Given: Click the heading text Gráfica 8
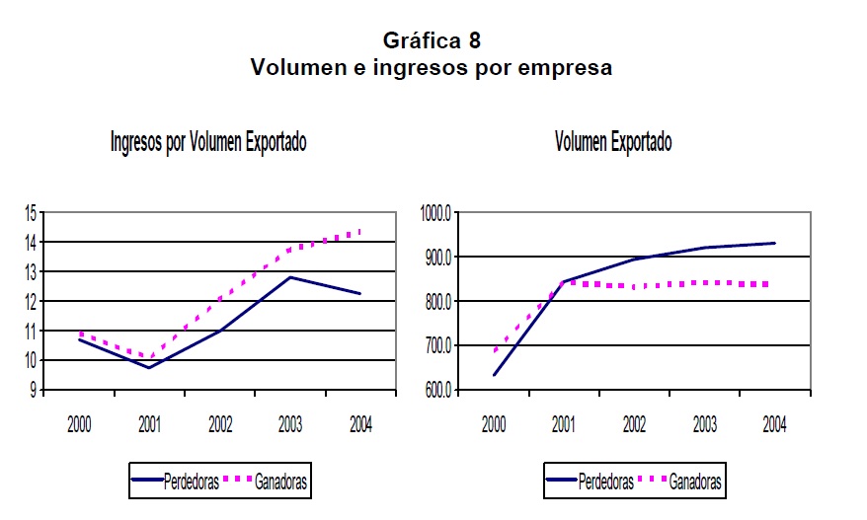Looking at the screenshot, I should click(432, 40).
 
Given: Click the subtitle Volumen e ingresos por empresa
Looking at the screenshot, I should click(432, 68).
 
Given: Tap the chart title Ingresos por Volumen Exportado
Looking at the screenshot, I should click(208, 143).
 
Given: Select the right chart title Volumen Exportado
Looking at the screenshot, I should click(612, 143).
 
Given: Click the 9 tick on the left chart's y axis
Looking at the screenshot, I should click(33, 390).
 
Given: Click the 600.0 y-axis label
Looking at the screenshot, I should click(435, 390).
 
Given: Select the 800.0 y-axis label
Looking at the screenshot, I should click(435, 301).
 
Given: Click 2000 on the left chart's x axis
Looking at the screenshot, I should click(79, 425).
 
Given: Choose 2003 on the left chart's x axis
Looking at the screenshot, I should click(290, 425).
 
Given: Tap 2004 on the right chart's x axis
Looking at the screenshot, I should click(774, 425).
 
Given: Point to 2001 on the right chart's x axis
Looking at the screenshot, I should click(564, 425).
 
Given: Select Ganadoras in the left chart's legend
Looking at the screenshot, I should click(280, 483).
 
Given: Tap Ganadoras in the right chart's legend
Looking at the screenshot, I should click(694, 483).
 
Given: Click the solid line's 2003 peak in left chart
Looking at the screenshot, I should click(289, 277).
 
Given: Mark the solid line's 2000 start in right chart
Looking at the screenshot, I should click(494, 375).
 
